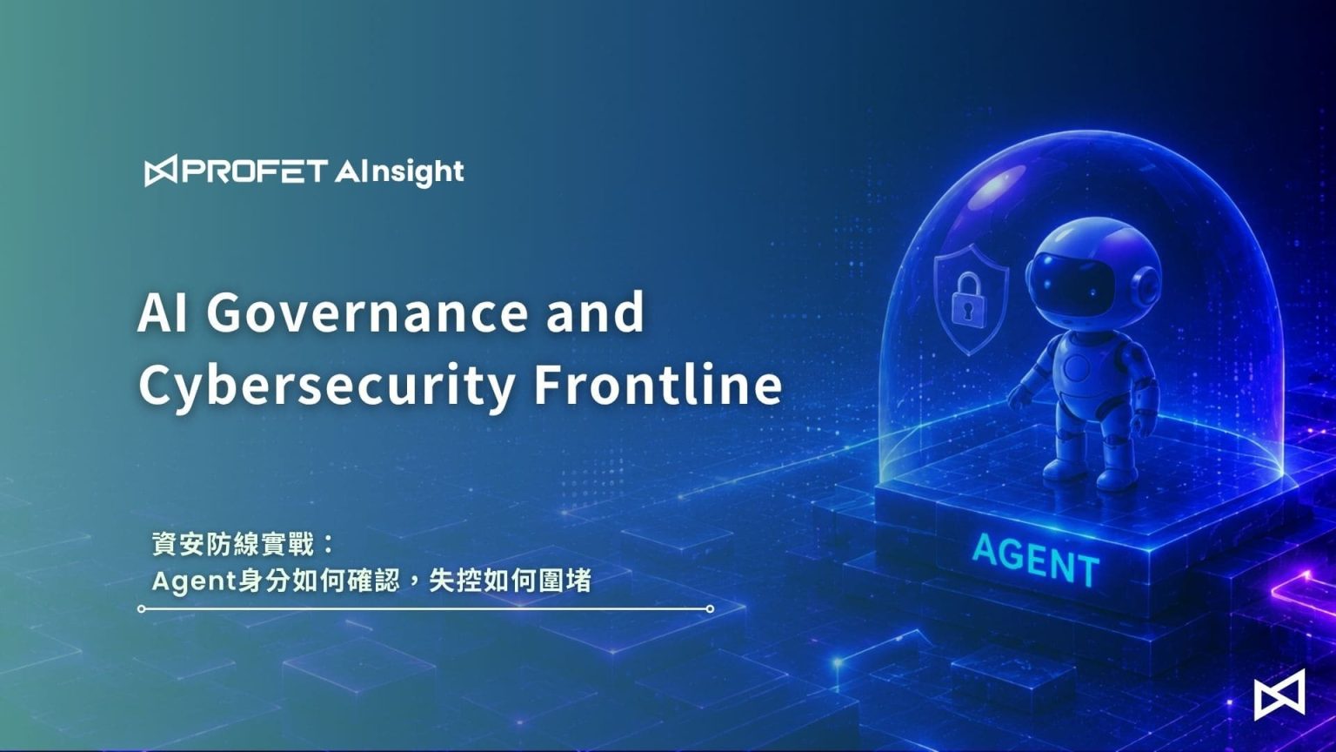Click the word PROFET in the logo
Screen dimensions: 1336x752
(x=255, y=171)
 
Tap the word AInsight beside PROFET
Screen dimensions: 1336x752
(x=399, y=172)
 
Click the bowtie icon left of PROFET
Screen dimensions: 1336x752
(x=160, y=171)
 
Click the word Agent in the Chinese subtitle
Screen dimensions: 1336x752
(x=195, y=581)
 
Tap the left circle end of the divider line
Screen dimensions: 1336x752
(x=142, y=608)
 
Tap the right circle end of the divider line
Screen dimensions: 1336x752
(x=710, y=608)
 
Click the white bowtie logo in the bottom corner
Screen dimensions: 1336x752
(x=1279, y=695)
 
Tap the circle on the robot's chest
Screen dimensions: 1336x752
(x=1077, y=365)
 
